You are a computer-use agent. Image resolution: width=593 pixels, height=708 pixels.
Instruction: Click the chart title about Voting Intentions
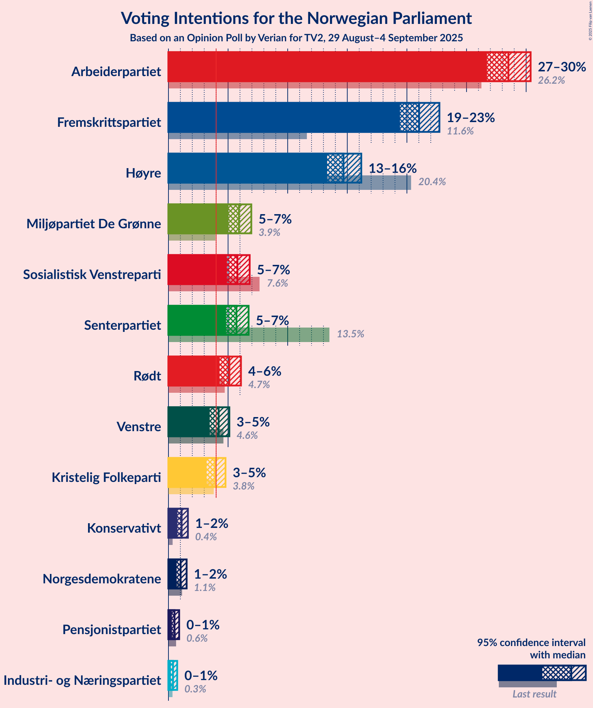point(296,18)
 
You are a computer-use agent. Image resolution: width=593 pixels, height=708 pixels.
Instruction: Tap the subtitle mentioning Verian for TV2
point(296,38)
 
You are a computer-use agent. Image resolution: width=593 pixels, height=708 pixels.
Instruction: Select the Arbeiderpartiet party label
point(116,72)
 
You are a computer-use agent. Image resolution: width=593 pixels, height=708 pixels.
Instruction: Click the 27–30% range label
point(562,67)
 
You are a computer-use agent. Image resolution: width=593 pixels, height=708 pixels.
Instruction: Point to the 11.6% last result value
point(460,131)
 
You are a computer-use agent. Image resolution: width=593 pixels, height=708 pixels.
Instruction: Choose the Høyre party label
point(143,173)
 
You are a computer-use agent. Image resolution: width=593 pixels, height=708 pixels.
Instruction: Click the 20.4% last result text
point(432,182)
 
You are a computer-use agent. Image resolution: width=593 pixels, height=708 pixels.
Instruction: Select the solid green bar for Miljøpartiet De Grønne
point(198,219)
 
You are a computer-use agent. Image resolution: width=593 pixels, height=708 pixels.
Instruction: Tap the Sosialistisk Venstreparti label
point(92,275)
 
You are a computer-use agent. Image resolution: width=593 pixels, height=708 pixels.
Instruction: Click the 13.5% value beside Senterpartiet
point(350,334)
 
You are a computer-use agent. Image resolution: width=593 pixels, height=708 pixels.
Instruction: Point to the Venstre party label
point(139,427)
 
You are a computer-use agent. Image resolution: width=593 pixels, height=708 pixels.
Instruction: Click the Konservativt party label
point(124,528)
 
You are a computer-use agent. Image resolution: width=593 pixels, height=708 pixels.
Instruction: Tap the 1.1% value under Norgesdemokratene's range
point(205,588)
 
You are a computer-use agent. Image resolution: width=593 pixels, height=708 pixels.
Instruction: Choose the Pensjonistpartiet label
point(112,630)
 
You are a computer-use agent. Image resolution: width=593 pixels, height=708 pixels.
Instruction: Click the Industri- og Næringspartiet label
point(82,680)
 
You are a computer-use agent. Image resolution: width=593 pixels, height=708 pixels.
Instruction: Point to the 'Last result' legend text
point(534,694)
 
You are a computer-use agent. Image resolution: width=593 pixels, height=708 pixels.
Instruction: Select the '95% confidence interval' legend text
point(531,643)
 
